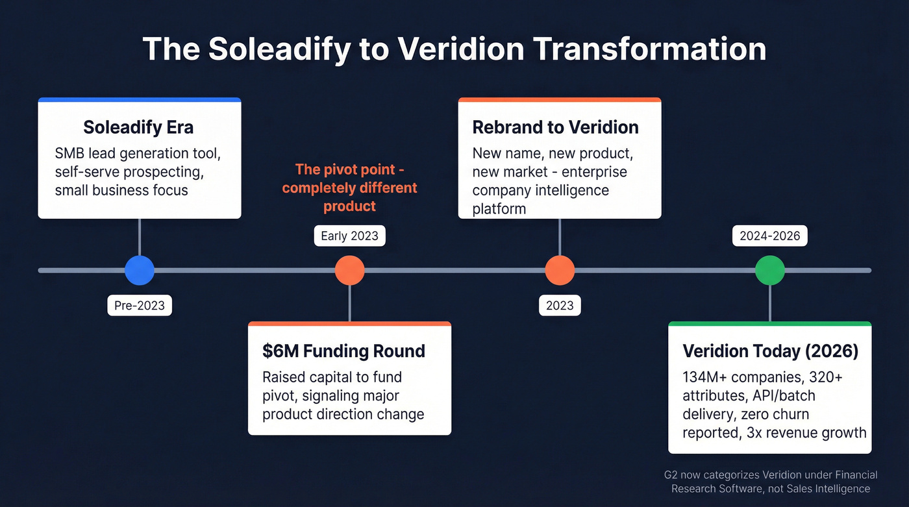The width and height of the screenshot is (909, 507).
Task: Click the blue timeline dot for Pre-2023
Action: coord(140,270)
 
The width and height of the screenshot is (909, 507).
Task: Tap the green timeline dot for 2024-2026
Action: coord(770,270)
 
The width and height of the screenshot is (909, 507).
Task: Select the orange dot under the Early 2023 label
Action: coord(349,270)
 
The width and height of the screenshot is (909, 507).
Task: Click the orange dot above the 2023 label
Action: coord(560,270)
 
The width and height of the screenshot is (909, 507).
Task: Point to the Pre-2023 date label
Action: coord(140,305)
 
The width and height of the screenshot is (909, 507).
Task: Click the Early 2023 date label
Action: coord(349,236)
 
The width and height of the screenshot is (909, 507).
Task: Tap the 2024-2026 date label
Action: coord(770,236)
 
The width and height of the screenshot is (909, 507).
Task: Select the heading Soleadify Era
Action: coord(138,127)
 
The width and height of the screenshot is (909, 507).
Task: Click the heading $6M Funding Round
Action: coord(343,351)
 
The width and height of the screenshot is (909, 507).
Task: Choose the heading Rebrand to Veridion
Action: coord(555,127)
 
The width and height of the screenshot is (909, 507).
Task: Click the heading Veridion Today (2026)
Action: coord(770,351)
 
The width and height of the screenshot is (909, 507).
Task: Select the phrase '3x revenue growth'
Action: coord(803,432)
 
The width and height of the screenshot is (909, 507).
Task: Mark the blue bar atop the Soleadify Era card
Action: coord(140,100)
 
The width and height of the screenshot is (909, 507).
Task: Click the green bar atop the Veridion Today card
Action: coord(770,323)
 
